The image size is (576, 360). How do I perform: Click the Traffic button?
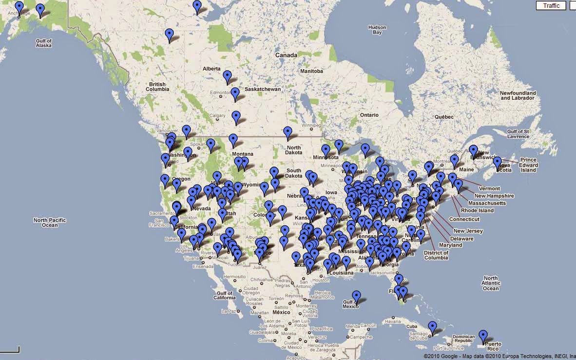[x=551, y=6]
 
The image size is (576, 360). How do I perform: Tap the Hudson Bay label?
[x=377, y=30]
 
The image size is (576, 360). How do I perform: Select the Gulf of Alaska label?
[x=43, y=42]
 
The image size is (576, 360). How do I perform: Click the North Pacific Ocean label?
[x=49, y=223]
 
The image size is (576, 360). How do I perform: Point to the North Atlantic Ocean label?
[x=491, y=284]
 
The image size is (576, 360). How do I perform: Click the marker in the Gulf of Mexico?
[x=357, y=297]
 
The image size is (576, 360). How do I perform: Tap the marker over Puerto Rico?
[x=482, y=336]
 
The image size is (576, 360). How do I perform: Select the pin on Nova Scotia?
[x=497, y=162]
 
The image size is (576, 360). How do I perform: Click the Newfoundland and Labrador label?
[x=518, y=95]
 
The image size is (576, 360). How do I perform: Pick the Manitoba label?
[x=311, y=71]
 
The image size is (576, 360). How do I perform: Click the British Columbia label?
[x=157, y=87]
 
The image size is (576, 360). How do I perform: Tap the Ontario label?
[x=369, y=115]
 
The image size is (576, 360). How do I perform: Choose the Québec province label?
[x=444, y=117]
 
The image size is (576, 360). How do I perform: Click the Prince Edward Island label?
[x=528, y=165]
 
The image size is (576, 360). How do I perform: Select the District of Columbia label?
[x=436, y=255]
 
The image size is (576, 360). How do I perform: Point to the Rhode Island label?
[x=477, y=210]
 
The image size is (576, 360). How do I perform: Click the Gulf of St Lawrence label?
[x=518, y=134]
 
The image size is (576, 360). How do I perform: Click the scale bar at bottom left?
[x=10, y=349]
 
